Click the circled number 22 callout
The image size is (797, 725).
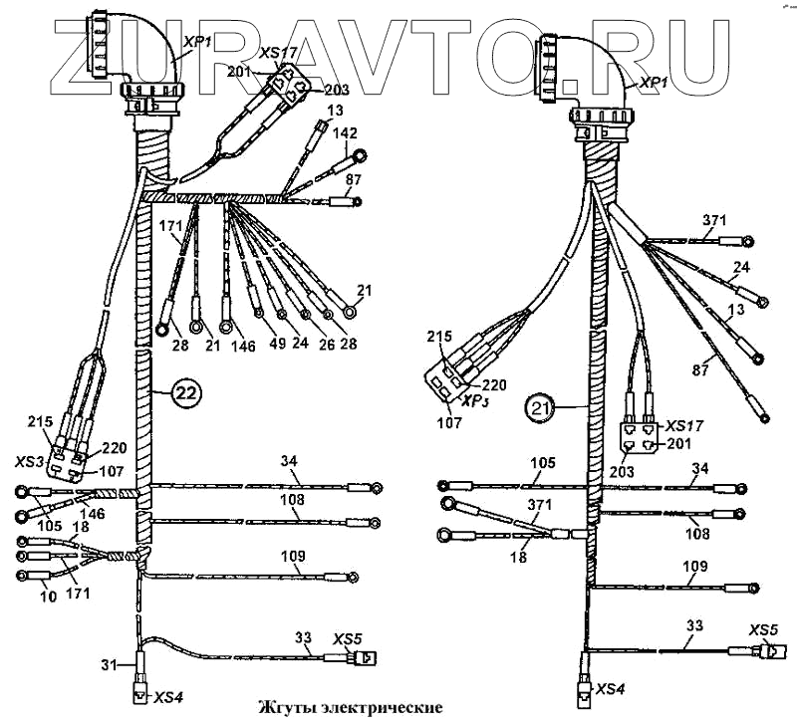coord(186,392)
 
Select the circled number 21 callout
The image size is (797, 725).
coord(540,406)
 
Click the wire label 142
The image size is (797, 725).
coord(345,133)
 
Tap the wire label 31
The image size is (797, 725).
coord(110,665)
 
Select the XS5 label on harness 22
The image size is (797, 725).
coord(347,637)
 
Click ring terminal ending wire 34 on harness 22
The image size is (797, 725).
coord(374,487)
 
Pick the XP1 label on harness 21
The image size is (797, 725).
coord(653,83)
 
